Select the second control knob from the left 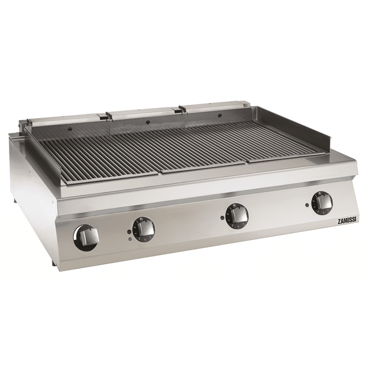(x=144, y=229)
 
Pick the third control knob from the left (x=237, y=216)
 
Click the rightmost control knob (x=322, y=202)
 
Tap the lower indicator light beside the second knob (x=129, y=239)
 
